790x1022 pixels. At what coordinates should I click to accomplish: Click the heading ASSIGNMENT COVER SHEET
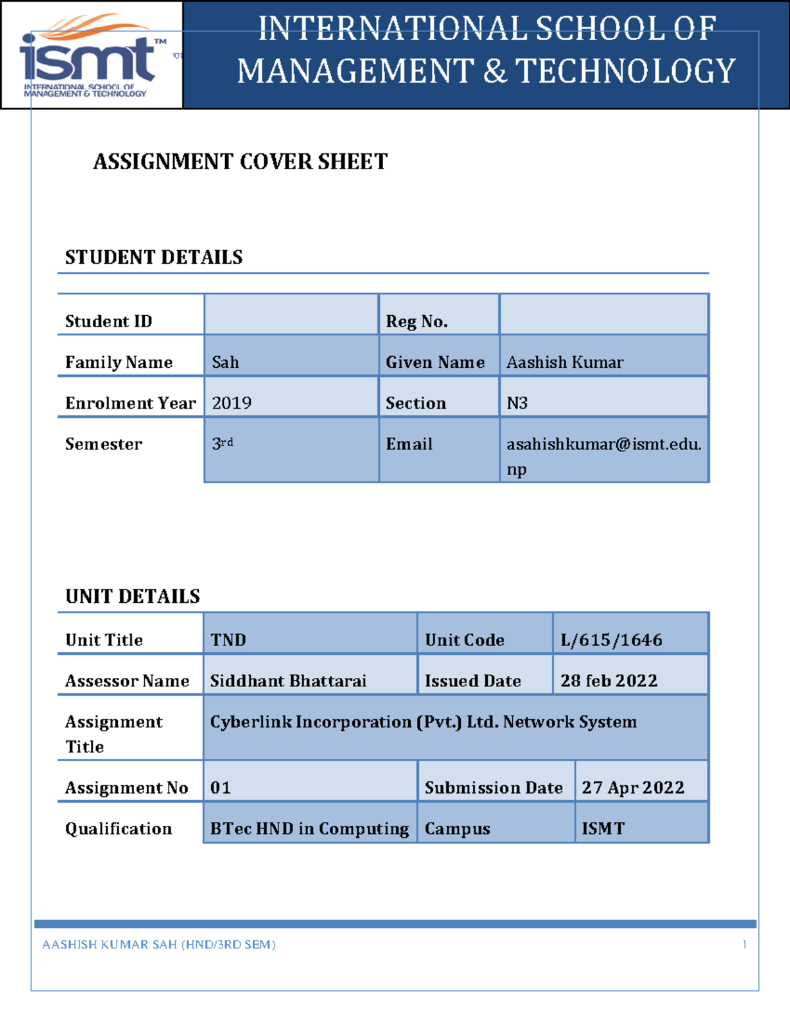coord(240,162)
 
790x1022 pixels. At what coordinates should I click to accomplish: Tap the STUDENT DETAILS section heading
coord(153,257)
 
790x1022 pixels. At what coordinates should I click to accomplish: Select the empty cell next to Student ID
coord(291,315)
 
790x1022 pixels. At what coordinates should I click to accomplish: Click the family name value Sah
coord(226,363)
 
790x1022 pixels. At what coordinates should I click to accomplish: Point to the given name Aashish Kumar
coord(565,363)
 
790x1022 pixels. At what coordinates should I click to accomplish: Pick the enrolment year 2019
coord(232,403)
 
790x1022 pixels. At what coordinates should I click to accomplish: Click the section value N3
coord(517,403)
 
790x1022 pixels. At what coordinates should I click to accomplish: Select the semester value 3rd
coord(223,444)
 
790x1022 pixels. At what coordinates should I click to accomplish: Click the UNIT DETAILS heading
coord(132,596)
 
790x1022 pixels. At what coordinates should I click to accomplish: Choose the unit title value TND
coord(228,640)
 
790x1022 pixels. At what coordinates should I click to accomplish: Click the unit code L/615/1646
coord(611,640)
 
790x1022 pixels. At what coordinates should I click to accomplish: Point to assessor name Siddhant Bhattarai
coord(288,681)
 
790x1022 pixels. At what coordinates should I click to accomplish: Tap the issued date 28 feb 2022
coord(608,681)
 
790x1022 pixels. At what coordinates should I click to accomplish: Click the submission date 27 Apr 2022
coord(633,788)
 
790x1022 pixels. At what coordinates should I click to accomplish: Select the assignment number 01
coord(221,788)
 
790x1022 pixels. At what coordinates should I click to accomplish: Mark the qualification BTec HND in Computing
coord(309,829)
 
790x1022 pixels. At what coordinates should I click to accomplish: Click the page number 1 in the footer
coord(745,945)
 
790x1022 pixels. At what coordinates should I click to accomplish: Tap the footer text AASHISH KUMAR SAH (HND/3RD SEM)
coord(159,945)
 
